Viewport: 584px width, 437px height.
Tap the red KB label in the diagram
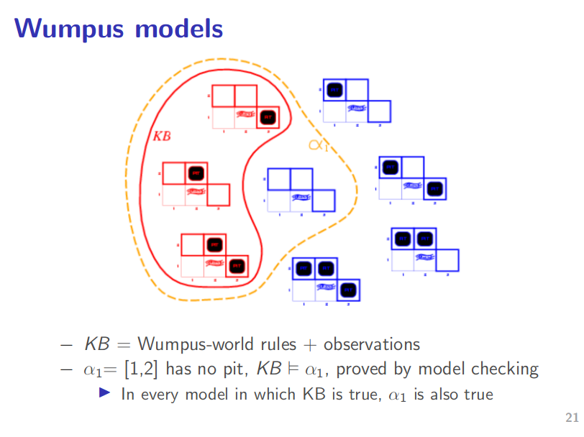pyautogui.click(x=162, y=135)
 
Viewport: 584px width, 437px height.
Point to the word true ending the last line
pyautogui.click(x=477, y=394)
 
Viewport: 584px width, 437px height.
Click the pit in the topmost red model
pyautogui.click(x=267, y=116)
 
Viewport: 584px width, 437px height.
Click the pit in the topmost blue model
pyautogui.click(x=334, y=90)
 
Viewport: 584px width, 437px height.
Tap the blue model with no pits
pyautogui.click(x=301, y=190)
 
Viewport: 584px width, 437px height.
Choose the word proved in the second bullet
pyautogui.click(x=365, y=369)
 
